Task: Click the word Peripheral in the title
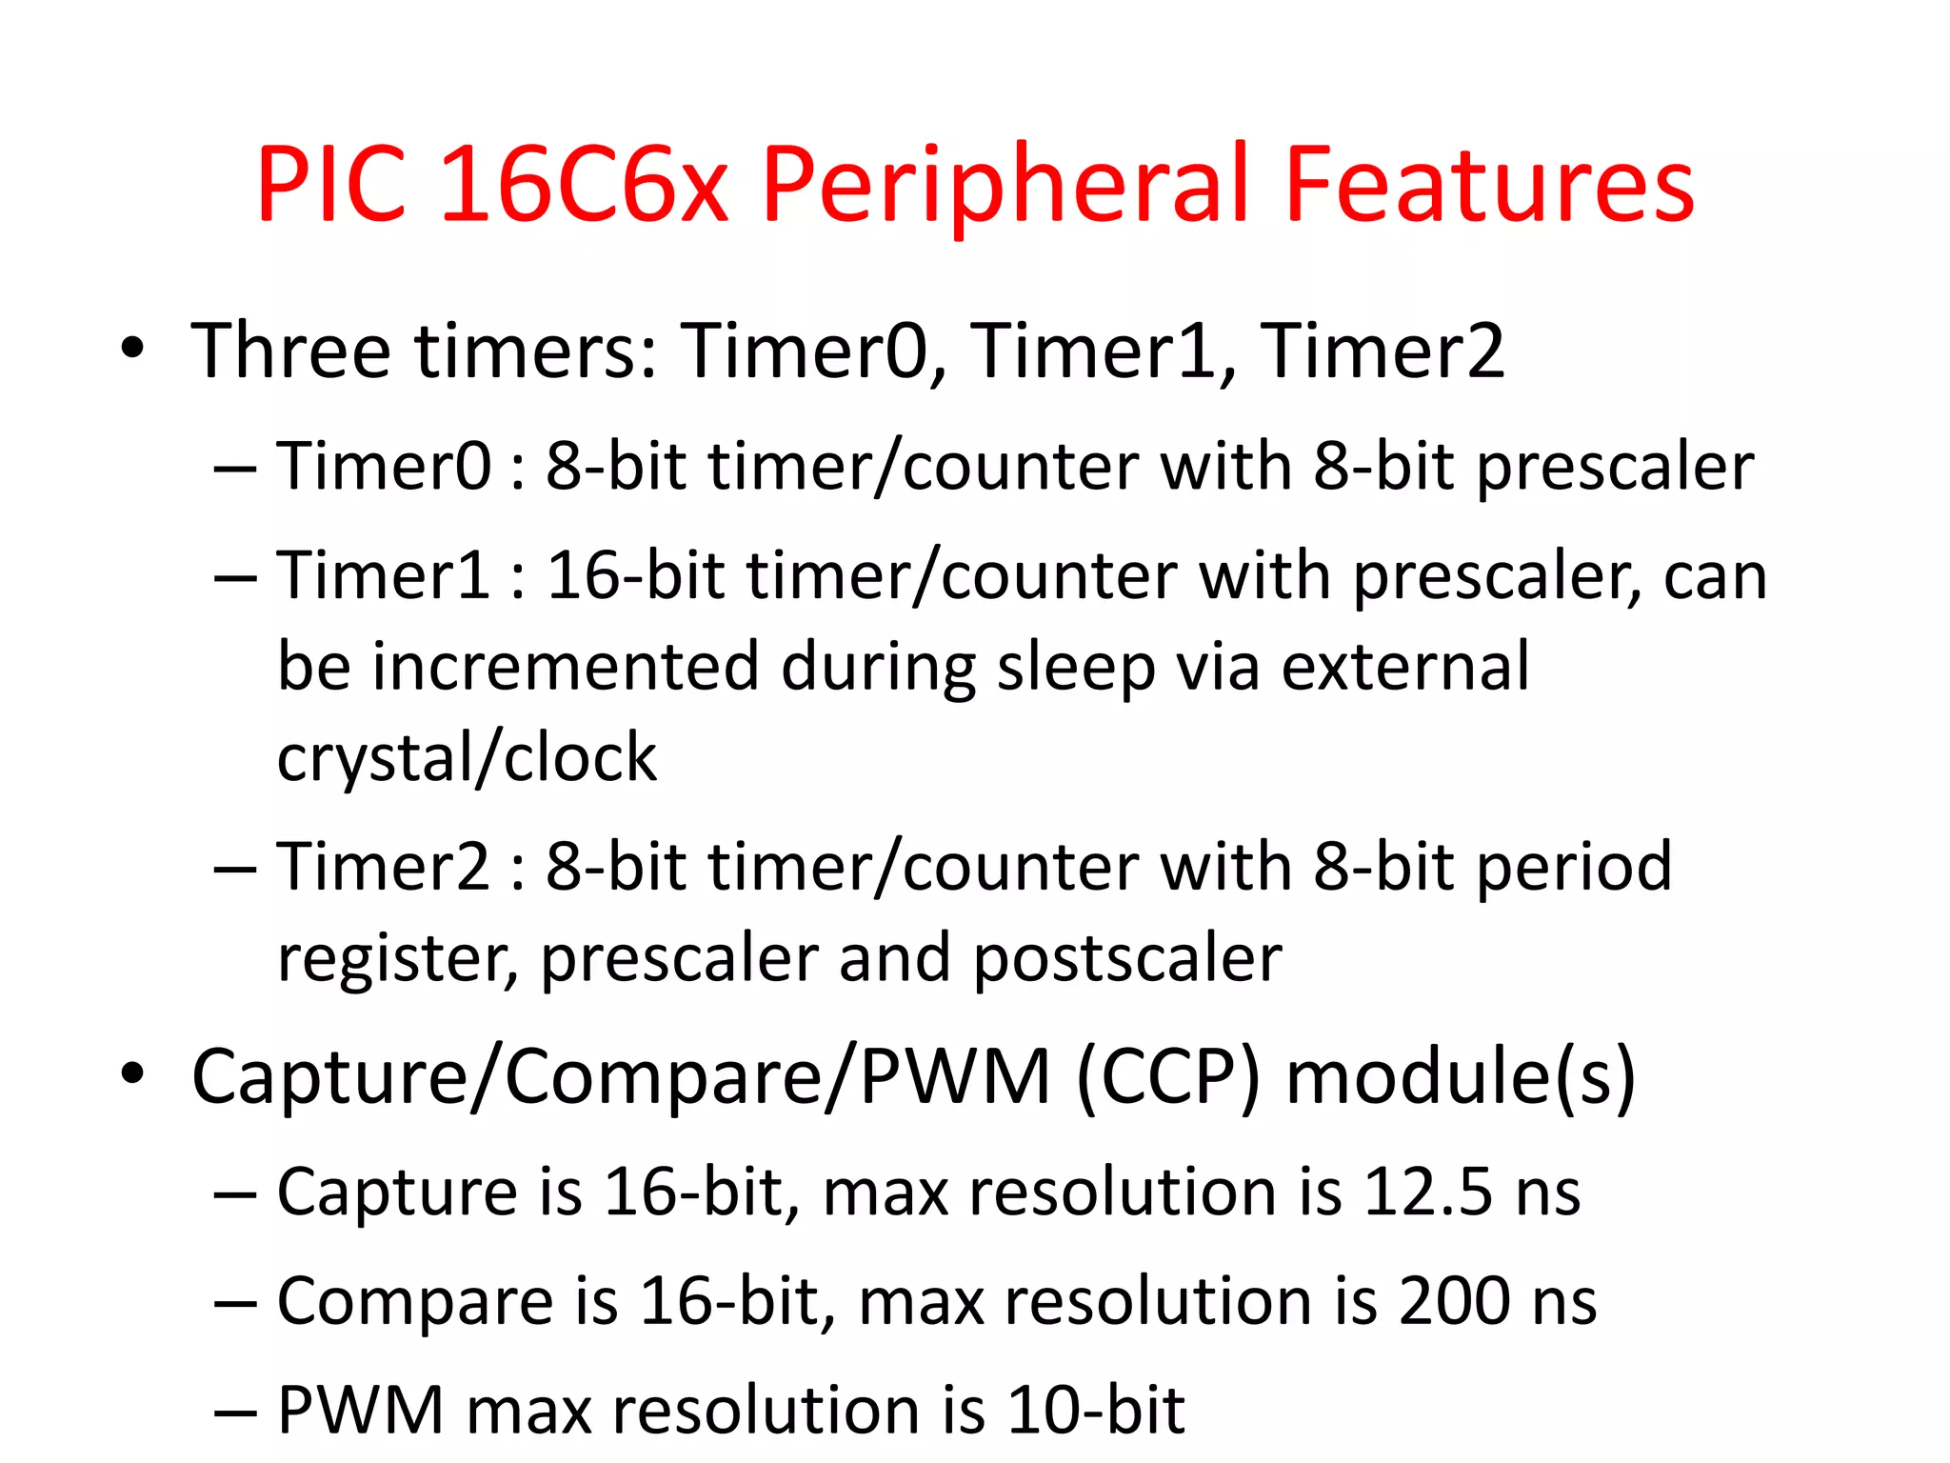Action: click(1005, 186)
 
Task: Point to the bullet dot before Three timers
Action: click(132, 349)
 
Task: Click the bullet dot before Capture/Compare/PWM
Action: click(132, 1073)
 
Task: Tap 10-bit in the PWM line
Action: click(1096, 1410)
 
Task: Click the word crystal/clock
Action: click(467, 758)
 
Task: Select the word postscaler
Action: click(1127, 958)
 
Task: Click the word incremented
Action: click(566, 667)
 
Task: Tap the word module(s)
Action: click(1461, 1076)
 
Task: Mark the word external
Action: click(1405, 667)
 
